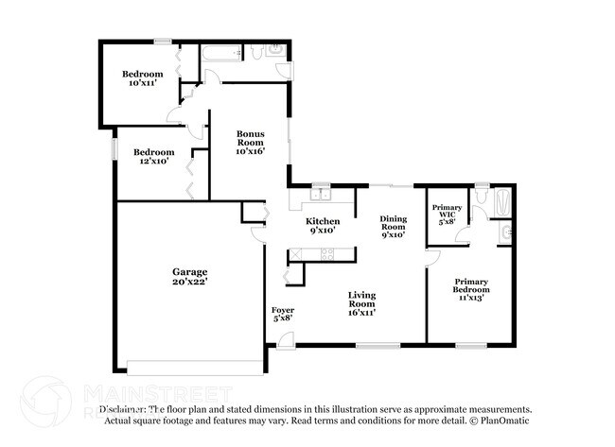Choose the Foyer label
[x=282, y=314]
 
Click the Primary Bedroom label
[x=470, y=289]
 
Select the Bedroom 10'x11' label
[x=143, y=78]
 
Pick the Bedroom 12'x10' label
[x=153, y=157]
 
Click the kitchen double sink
[x=321, y=196]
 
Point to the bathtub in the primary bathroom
[x=503, y=200]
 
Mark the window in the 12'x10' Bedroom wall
[x=114, y=149]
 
